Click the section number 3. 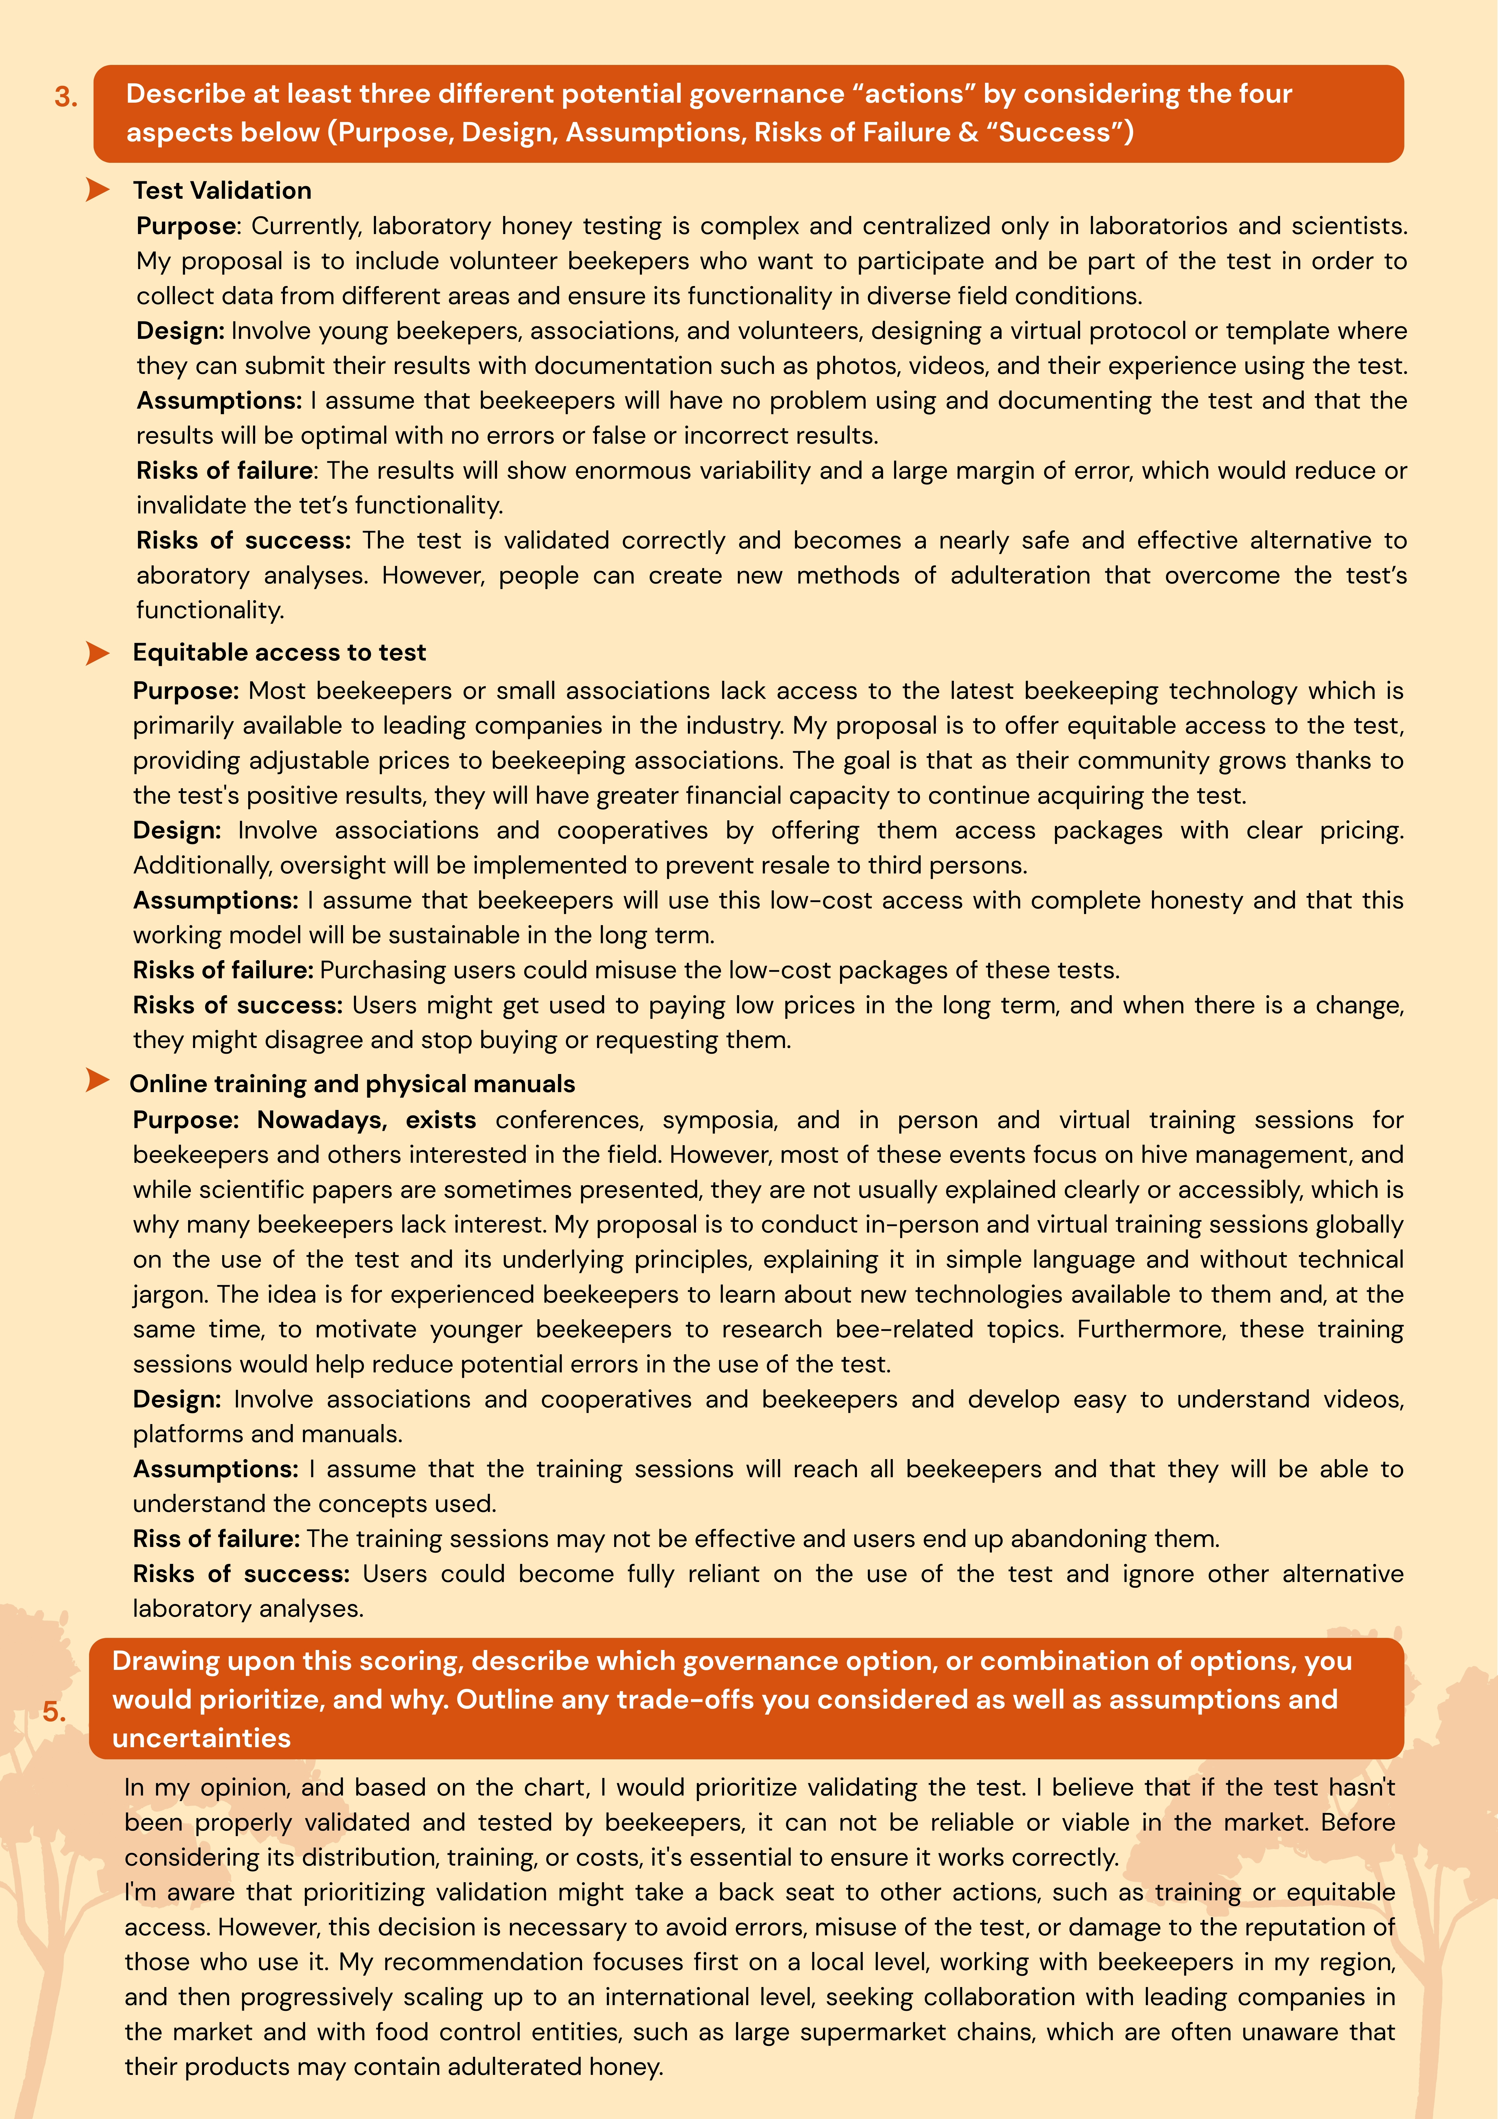[66, 97]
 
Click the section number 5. [54, 1712]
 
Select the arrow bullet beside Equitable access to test [97, 652]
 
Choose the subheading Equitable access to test [279, 652]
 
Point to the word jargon [170, 1295]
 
